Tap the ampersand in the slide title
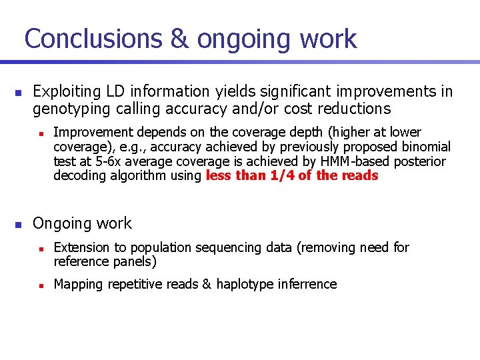(x=179, y=39)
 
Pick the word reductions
(x=354, y=109)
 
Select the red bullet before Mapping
(x=41, y=285)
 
